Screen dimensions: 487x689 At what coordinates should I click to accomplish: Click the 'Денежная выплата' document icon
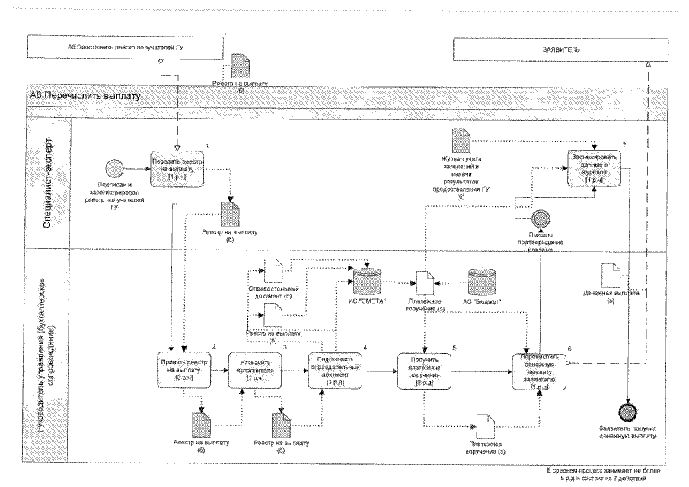(613, 275)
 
